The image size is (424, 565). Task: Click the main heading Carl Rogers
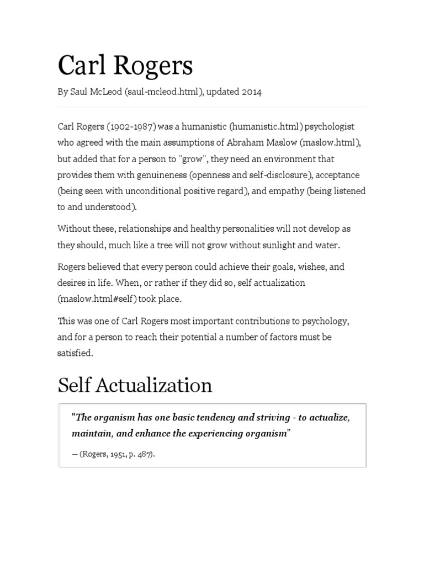(x=125, y=66)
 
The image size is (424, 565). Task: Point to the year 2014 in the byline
(x=251, y=92)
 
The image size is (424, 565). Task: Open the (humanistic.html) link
(x=267, y=126)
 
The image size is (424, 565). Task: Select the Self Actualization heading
(x=135, y=385)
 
